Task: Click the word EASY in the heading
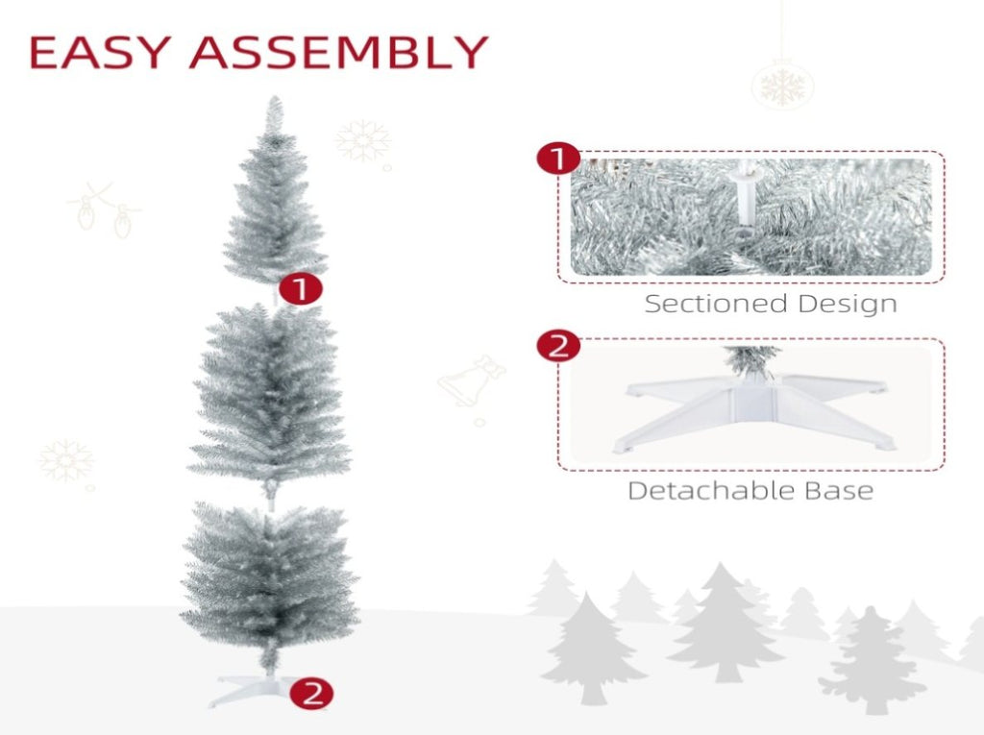click(x=100, y=52)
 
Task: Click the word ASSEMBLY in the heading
click(x=339, y=52)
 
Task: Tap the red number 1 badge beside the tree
click(x=301, y=289)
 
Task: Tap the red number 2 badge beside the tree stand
click(x=312, y=694)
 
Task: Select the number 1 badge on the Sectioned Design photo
click(x=558, y=159)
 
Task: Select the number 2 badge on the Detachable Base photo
click(x=558, y=346)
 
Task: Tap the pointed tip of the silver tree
click(x=274, y=97)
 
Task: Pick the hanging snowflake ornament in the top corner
click(x=782, y=86)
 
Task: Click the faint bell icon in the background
click(x=471, y=381)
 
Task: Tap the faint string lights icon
click(x=104, y=209)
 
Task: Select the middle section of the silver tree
click(x=270, y=397)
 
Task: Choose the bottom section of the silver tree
click(x=269, y=580)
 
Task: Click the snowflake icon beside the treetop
click(x=362, y=140)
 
